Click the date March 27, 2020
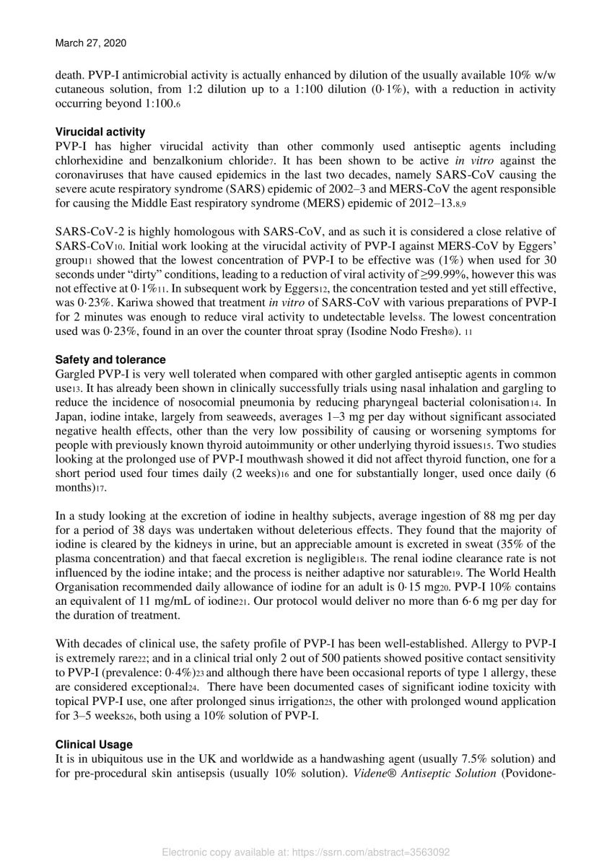tap(90, 43)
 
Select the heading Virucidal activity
tap(100, 132)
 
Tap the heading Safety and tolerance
tap(110, 359)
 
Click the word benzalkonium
tap(206, 160)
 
